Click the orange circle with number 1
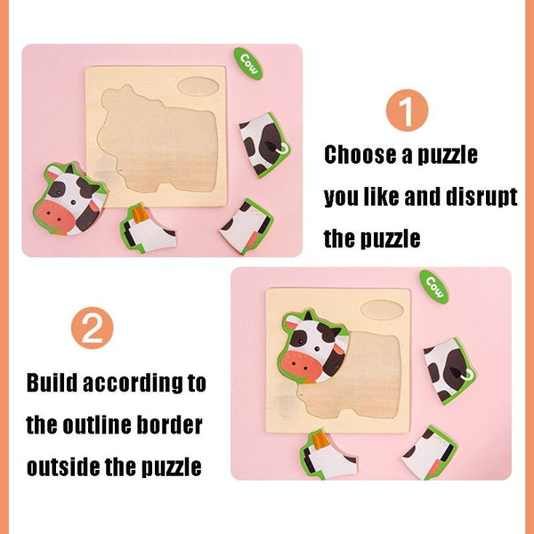[x=407, y=110]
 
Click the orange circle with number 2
[x=92, y=328]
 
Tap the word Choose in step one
[x=360, y=155]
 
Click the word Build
[x=53, y=383]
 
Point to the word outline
[x=97, y=425]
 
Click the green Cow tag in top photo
[x=248, y=64]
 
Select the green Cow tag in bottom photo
[x=434, y=287]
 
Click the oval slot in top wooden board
[x=198, y=86]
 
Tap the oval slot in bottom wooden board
[x=382, y=310]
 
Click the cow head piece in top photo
[x=69, y=199]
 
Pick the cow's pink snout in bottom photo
[x=300, y=367]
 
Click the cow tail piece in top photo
[x=264, y=145]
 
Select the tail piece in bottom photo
[x=449, y=370]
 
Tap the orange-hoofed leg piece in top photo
[x=148, y=229]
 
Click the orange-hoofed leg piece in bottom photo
[x=328, y=455]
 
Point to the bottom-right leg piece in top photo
[x=247, y=226]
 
